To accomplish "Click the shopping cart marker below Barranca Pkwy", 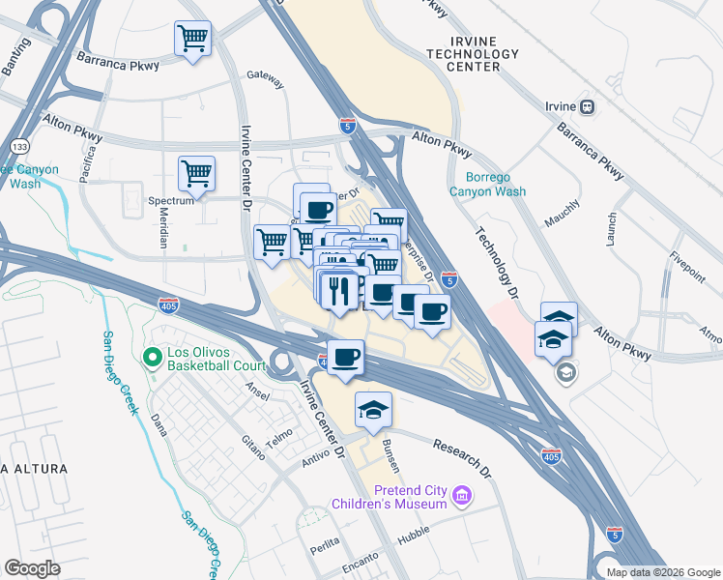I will coord(192,40).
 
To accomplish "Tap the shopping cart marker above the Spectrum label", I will coord(196,174).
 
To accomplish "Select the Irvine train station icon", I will coord(586,105).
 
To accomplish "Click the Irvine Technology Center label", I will coord(473,53).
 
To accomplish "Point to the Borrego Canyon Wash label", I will coord(496,185).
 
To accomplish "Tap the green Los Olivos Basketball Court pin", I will coord(151,358).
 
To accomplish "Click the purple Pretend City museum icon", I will coord(463,496).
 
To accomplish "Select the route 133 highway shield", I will coord(18,145).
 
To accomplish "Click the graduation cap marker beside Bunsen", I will coord(373,410).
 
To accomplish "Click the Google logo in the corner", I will coord(32,567).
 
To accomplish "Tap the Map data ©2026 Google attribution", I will coord(663,571).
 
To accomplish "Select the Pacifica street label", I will coord(88,166).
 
